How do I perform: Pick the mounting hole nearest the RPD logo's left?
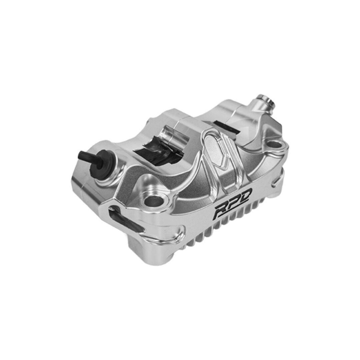[154, 202]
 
